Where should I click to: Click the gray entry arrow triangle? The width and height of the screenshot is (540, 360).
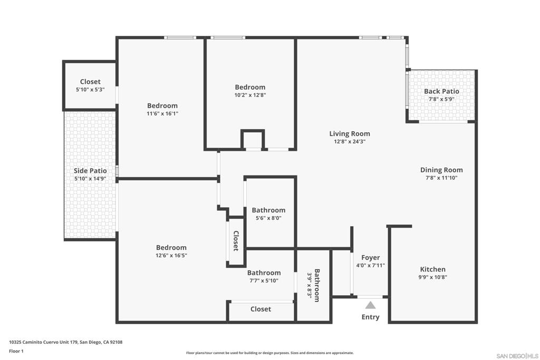pyautogui.click(x=370, y=305)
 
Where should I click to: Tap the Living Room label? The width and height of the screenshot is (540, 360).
pyautogui.click(x=350, y=133)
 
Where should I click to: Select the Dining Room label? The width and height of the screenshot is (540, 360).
pyautogui.click(x=441, y=170)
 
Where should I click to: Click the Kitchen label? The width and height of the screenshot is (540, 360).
pyautogui.click(x=432, y=269)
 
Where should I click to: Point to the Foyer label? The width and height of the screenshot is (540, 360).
pyautogui.click(x=371, y=257)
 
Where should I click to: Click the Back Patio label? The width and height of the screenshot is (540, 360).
pyautogui.click(x=441, y=91)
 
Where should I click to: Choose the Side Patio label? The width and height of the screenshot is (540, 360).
pyautogui.click(x=90, y=171)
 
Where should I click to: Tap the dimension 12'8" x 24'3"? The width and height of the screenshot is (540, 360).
pyautogui.click(x=350, y=141)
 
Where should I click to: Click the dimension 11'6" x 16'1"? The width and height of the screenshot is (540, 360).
pyautogui.click(x=162, y=113)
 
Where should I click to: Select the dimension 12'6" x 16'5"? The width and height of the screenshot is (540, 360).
pyautogui.click(x=171, y=255)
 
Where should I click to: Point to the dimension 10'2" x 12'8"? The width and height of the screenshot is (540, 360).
pyautogui.click(x=250, y=95)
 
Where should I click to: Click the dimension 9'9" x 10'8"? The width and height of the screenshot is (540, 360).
pyautogui.click(x=432, y=277)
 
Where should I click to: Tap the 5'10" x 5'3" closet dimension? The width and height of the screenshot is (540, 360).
pyautogui.click(x=90, y=90)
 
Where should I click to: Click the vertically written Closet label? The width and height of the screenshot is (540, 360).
pyautogui.click(x=236, y=240)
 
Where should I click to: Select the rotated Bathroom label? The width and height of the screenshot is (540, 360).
pyautogui.click(x=317, y=285)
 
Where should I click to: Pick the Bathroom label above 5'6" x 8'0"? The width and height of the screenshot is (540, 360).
pyautogui.click(x=268, y=210)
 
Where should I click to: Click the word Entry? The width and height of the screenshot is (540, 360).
pyautogui.click(x=371, y=317)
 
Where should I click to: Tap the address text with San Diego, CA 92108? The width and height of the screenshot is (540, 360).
pyautogui.click(x=66, y=342)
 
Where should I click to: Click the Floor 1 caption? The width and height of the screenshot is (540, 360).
pyautogui.click(x=16, y=351)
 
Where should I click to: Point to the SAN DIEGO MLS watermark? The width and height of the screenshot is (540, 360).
pyautogui.click(x=518, y=356)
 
